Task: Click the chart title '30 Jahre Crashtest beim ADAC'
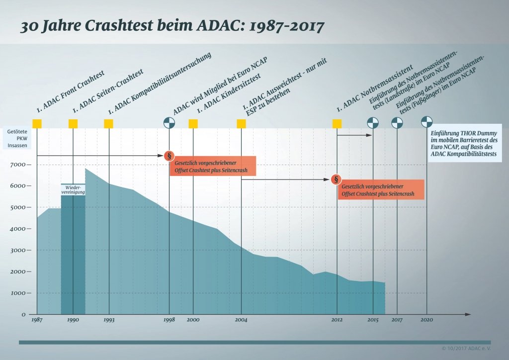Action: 172,26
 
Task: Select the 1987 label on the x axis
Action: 36,320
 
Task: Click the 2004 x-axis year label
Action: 241,320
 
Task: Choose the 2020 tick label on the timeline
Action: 427,320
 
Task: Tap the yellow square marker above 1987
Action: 37,123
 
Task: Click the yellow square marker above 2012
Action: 337,123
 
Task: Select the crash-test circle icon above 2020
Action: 427,121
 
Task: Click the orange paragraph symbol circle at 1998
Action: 170,156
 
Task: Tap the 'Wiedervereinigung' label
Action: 73,190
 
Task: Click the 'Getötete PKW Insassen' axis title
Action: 18,139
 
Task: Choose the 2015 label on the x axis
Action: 373,320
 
